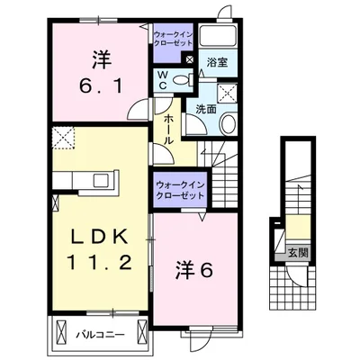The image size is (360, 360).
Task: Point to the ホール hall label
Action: pyautogui.click(x=167, y=127)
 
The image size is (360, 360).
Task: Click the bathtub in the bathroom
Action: pyautogui.click(x=216, y=37)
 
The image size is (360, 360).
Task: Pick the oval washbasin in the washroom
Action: pyautogui.click(x=227, y=123)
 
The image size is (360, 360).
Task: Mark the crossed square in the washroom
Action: pyautogui.click(x=227, y=90)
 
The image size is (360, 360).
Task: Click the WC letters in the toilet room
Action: pyautogui.click(x=162, y=80)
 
